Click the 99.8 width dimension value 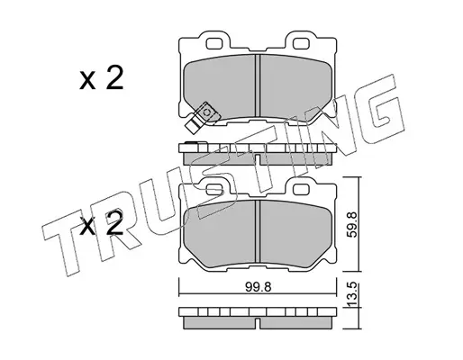click(x=258, y=287)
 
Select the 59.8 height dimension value click(x=352, y=224)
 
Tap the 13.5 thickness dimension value click(x=352, y=294)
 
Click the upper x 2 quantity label click(x=101, y=78)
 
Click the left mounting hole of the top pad click(x=214, y=44)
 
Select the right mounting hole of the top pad click(x=301, y=44)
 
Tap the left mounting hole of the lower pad click(x=214, y=189)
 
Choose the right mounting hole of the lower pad click(x=301, y=189)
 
